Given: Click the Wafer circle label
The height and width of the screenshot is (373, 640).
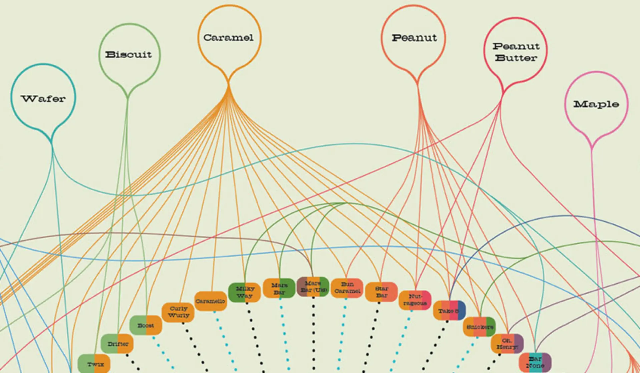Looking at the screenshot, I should click(43, 98).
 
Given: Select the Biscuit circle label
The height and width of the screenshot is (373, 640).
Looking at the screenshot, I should click(129, 54).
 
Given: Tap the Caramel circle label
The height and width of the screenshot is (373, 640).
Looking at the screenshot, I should click(228, 37).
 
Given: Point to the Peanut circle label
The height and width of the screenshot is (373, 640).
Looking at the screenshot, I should click(414, 38).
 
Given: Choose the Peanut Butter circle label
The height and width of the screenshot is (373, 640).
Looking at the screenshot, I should click(516, 52).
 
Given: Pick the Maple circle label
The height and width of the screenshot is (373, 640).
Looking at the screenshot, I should click(596, 104).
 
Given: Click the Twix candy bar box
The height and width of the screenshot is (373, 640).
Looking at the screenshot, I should click(94, 364).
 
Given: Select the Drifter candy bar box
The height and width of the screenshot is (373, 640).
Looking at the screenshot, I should click(117, 344).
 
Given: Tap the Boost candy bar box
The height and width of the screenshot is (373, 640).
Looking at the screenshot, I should click(146, 325).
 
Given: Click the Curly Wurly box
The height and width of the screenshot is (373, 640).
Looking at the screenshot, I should click(178, 312).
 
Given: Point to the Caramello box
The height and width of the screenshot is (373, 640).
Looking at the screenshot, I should click(210, 301).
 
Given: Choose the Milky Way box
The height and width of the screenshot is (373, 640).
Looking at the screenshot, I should click(244, 292).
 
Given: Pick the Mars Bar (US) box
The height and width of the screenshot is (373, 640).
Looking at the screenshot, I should click(313, 287).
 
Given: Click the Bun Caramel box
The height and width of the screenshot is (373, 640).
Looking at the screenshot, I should click(347, 288).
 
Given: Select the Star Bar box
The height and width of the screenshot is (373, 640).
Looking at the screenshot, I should click(382, 292).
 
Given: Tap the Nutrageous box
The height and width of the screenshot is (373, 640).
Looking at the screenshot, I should click(415, 300).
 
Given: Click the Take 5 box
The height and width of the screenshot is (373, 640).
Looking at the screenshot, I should click(449, 311).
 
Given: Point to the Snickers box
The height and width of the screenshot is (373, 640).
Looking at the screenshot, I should click(480, 327).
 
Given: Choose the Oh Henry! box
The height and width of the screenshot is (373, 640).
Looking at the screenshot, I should click(507, 344).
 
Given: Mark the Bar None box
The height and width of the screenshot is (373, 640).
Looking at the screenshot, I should click(535, 362).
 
